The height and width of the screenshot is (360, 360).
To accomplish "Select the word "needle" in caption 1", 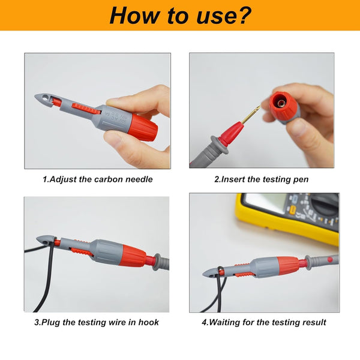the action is click(139, 179).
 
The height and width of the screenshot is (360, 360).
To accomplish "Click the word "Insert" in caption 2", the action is click(233, 179).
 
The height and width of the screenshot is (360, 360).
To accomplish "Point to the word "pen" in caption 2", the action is click(301, 180).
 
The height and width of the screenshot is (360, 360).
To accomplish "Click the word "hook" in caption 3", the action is click(148, 322).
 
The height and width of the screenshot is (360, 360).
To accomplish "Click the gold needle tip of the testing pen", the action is click(259, 107).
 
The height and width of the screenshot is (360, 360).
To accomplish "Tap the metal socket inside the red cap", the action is click(281, 103).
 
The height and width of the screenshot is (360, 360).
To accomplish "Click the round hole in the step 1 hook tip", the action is click(46, 97).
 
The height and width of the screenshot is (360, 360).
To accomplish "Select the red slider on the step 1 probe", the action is click(86, 108).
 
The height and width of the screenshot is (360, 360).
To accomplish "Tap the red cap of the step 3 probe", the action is click(134, 256).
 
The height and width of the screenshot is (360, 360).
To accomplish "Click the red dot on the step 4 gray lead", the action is click(330, 260).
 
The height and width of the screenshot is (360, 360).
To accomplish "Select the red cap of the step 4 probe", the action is click(288, 267).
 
